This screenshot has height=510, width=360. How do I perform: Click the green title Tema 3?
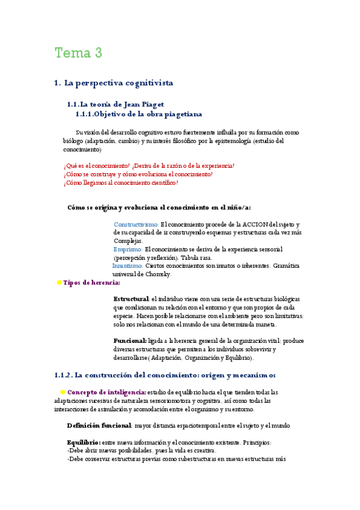(78, 53)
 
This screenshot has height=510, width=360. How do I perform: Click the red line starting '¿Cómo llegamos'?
(121, 183)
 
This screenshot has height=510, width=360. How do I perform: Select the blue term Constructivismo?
(136, 224)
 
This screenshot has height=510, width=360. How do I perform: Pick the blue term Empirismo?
(128, 249)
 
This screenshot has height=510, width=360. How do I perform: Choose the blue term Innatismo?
(127, 265)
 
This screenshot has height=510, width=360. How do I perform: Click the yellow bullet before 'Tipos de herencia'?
(59, 282)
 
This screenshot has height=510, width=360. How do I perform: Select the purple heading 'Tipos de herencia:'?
(91, 282)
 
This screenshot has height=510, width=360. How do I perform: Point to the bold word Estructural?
(131, 299)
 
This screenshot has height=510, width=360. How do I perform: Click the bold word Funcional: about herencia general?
(130, 340)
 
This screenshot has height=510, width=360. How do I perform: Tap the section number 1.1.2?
(63, 375)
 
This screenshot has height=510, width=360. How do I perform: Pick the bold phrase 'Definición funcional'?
(99, 425)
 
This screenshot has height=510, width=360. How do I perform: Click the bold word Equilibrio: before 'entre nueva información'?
(84, 442)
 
